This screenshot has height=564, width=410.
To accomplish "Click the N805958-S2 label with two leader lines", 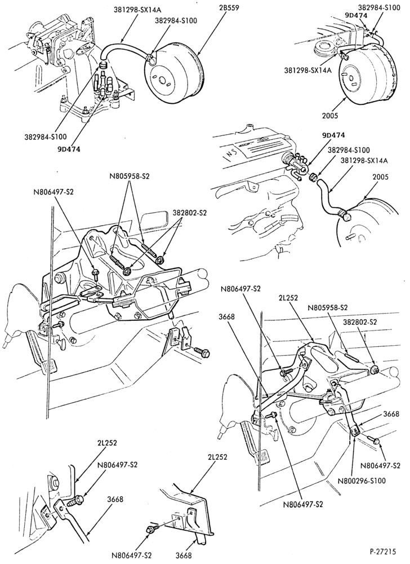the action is (x=130, y=177).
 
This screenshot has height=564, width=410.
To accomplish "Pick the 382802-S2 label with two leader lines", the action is (x=190, y=213).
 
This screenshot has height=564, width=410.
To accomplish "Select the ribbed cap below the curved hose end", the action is (x=104, y=65).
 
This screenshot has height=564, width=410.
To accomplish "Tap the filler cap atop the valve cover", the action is (x=247, y=126).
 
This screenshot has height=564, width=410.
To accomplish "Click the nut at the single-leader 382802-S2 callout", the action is (x=373, y=369).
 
